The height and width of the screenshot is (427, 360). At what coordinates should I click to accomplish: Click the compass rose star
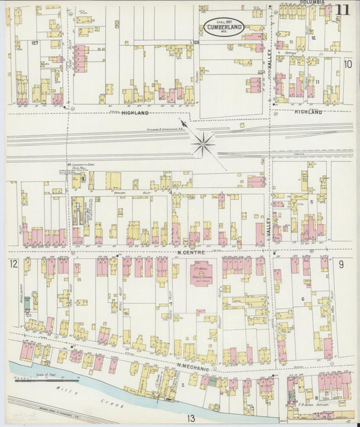203,143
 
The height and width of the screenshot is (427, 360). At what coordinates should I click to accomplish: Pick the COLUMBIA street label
311,3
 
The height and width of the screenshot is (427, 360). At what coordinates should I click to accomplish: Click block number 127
34,43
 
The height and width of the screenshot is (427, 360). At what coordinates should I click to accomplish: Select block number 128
197,43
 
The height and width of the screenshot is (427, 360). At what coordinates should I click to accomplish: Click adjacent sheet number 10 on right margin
347,64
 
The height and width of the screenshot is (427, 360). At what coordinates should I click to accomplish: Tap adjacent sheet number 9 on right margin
342,263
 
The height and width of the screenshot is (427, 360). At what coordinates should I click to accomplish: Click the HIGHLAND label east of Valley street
308,112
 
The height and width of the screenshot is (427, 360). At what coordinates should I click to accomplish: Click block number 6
303,299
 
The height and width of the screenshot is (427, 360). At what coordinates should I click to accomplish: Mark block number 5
311,201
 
